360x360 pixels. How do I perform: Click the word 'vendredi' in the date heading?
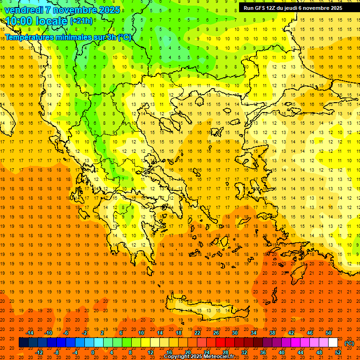(x=24, y=10)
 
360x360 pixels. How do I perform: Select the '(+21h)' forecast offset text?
(x=82, y=21)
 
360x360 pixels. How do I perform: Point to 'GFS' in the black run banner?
(x=266, y=8)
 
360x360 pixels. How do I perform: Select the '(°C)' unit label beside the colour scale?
(x=349, y=343)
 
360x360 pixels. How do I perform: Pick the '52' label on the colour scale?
(x=338, y=352)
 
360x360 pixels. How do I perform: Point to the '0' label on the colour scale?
(x=93, y=352)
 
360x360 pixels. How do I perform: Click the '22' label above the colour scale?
(x=197, y=333)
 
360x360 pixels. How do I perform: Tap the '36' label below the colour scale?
(x=263, y=352)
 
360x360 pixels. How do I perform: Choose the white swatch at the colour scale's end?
(x=333, y=343)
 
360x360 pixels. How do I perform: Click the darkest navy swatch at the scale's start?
(x=23, y=343)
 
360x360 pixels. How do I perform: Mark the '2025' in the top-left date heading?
(x=107, y=10)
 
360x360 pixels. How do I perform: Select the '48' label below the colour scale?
(x=319, y=352)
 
